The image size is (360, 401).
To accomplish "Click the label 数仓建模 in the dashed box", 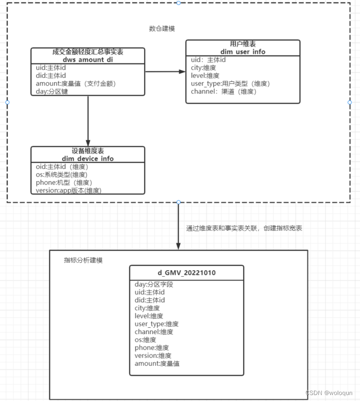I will [162, 29].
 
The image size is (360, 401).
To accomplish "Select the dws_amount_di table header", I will [88, 55].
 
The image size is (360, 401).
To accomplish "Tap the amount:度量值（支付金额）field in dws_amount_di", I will [76, 84].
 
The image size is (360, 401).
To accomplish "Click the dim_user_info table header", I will [243, 48].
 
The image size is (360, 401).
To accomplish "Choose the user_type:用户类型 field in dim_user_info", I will [230, 84].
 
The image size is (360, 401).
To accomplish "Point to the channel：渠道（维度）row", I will [224, 92].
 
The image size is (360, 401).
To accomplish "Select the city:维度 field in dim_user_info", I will [204, 68].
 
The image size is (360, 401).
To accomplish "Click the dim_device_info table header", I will [88, 154].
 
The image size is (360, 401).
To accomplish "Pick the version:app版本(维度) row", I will [69, 190].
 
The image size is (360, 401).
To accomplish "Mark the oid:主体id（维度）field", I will [62, 166].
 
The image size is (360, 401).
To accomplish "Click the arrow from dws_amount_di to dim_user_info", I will [165, 72].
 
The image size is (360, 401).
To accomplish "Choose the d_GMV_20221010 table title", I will [187, 273].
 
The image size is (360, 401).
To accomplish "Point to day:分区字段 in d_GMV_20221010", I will [154, 285].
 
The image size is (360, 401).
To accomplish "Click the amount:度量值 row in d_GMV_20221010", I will [157, 364].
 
